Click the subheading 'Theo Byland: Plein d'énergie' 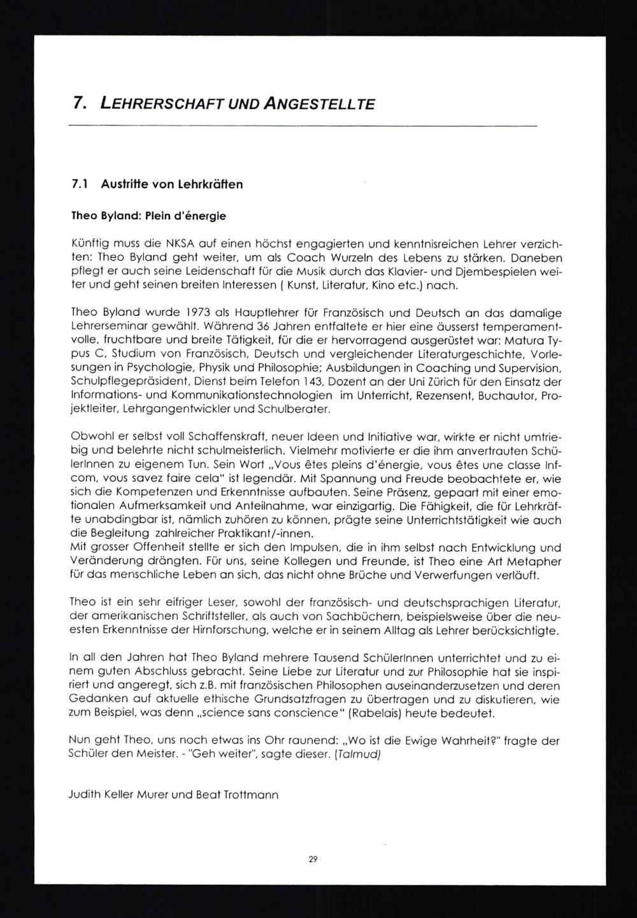point(149,215)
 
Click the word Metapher point(533,561)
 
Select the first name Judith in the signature point(84,795)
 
